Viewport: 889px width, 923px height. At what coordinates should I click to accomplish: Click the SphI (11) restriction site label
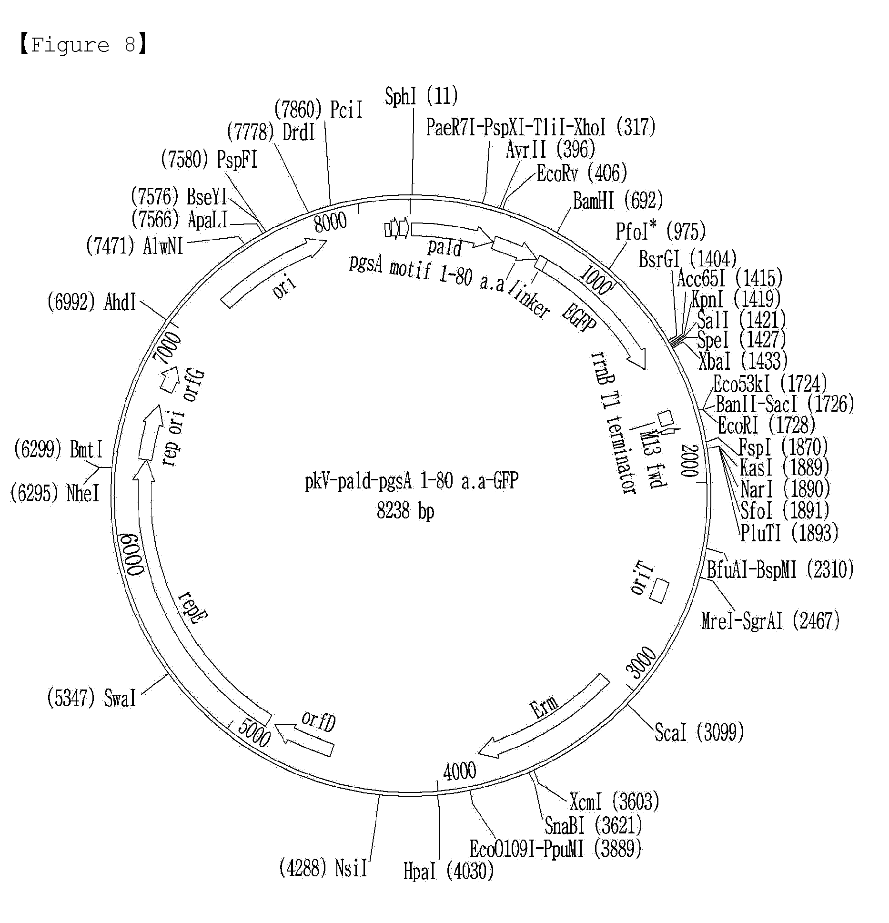pos(421,96)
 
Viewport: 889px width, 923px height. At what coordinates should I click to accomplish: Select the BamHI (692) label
pos(618,201)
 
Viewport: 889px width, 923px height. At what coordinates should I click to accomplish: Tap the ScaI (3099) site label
pos(699,732)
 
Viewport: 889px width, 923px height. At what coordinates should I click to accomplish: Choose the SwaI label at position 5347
pos(91,698)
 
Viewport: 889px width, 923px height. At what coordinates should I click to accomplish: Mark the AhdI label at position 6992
pos(91,302)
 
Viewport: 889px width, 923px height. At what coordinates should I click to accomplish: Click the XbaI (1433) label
pos(743,361)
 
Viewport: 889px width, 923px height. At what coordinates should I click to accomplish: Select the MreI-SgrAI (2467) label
pos(770,620)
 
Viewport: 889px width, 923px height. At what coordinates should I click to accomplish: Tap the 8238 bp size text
pos(405,511)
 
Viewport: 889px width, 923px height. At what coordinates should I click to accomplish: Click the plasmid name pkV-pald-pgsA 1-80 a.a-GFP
pos(412,481)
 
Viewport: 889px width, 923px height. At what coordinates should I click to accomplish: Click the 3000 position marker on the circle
pos(641,662)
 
